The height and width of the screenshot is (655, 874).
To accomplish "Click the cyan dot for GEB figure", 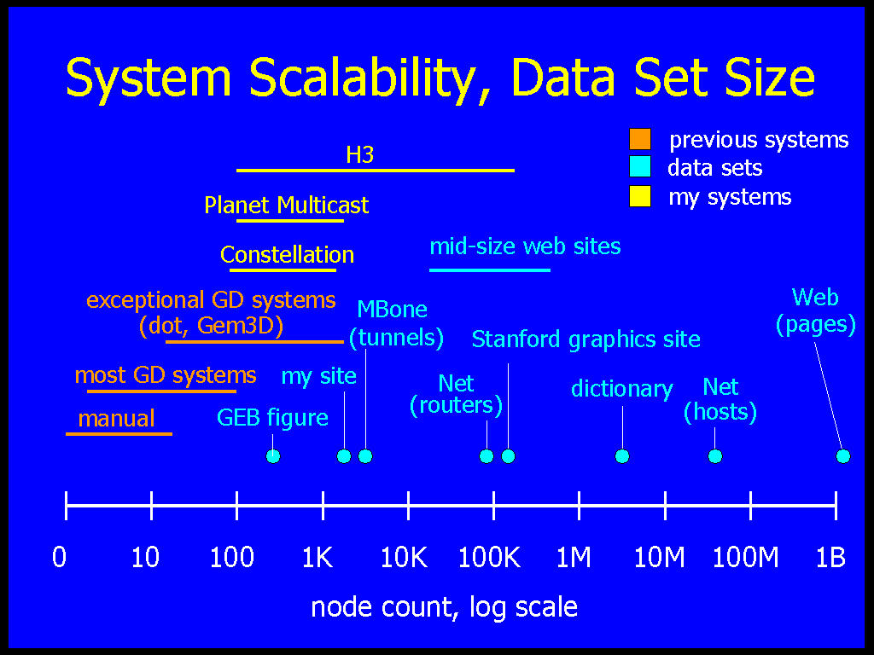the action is (x=273, y=456).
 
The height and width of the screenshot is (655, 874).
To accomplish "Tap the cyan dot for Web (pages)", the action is (x=843, y=456).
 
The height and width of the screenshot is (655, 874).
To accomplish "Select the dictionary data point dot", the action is (x=622, y=456).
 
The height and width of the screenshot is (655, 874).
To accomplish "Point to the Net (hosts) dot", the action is (x=715, y=456).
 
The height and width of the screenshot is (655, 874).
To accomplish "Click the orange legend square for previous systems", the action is (x=640, y=139).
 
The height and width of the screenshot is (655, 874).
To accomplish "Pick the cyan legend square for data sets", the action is (x=640, y=167).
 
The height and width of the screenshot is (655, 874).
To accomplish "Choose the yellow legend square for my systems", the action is (x=640, y=196).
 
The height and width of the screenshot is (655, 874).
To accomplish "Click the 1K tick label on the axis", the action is (x=318, y=557).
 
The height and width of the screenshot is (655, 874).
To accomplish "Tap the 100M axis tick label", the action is (x=745, y=557).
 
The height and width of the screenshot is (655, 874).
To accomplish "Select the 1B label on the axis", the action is (x=830, y=557).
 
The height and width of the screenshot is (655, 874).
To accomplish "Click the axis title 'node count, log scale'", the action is (x=444, y=607).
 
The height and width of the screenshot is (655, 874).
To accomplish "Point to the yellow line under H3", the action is (x=376, y=171).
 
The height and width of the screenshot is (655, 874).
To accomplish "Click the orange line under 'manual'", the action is (x=119, y=433).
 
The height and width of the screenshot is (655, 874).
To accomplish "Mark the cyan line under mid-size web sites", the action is (x=490, y=270).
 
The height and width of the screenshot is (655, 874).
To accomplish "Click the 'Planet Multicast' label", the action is (x=287, y=205).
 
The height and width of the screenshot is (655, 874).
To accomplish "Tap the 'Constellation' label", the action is (x=287, y=254).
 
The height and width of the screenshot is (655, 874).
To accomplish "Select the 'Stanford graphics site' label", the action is (x=586, y=339).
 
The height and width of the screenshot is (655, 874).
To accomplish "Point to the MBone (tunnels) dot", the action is (x=365, y=456).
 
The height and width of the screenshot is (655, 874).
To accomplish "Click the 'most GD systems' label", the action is (x=166, y=375).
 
